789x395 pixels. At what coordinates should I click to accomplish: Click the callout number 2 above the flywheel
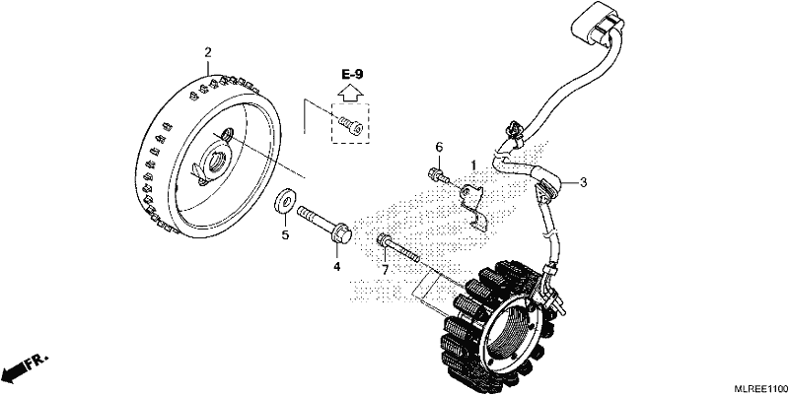tap(208, 52)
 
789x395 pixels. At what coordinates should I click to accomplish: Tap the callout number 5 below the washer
tap(285, 234)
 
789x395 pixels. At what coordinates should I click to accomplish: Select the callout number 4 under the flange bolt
tap(336, 266)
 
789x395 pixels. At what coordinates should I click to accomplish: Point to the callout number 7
tap(385, 270)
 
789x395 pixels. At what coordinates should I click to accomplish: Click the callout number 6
tap(439, 147)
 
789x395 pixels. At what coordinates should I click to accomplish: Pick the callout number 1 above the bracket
tap(473, 165)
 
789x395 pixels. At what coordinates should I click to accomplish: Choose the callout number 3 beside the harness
tap(583, 182)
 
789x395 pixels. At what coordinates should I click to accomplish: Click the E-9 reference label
tap(352, 75)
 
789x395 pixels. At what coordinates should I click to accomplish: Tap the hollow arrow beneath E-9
tap(350, 93)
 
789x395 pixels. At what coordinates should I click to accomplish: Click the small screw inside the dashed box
tap(350, 125)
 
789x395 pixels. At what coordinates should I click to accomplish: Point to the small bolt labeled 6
tap(437, 175)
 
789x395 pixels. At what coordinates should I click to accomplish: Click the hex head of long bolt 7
tap(384, 239)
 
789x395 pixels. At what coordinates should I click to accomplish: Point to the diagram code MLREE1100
tap(760, 388)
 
